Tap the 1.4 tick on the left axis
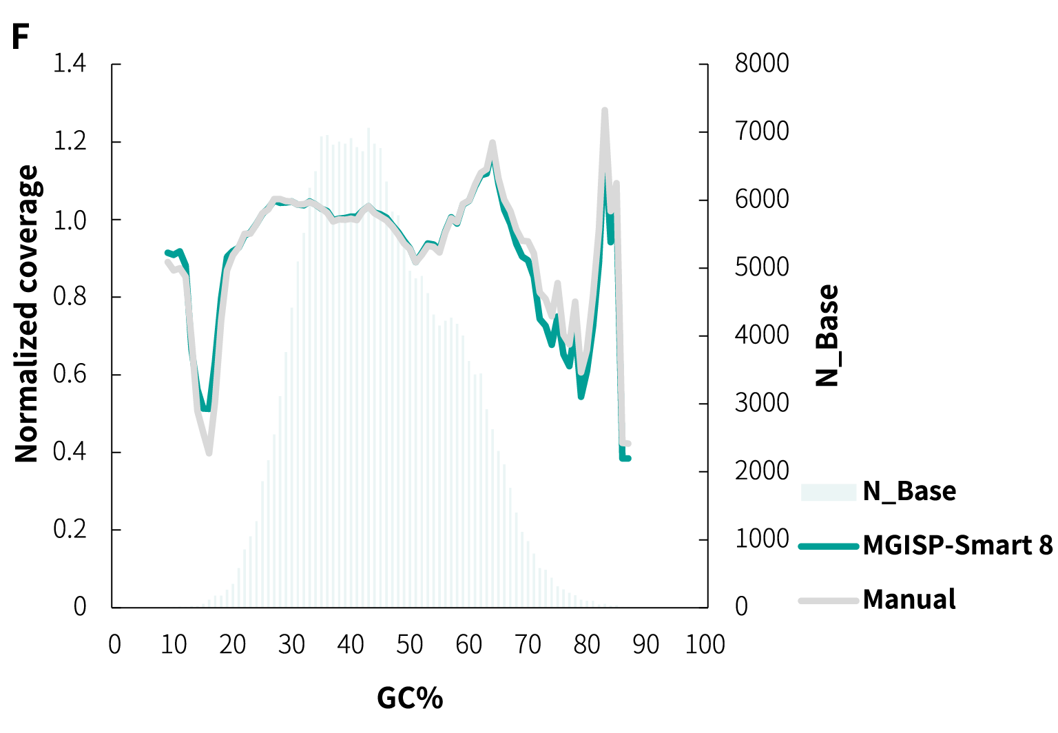click(x=70, y=64)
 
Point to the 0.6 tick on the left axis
click(x=70, y=375)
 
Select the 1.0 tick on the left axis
click(x=70, y=220)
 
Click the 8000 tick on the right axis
click(x=762, y=64)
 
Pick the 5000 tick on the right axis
click(x=762, y=267)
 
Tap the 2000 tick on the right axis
click(x=762, y=471)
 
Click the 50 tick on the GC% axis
click(x=410, y=645)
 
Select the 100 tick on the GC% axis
click(x=705, y=645)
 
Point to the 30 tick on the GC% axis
click(x=291, y=645)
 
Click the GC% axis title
click(x=410, y=699)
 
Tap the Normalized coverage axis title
click(x=28, y=313)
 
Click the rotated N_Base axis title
click(x=827, y=335)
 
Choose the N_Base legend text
click(x=909, y=491)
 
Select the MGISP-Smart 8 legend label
click(x=957, y=546)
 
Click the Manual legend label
click(x=909, y=599)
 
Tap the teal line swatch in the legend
click(x=829, y=546)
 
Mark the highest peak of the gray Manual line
click(x=604, y=110)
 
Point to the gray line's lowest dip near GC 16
click(x=209, y=453)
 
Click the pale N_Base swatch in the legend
click(x=829, y=492)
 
